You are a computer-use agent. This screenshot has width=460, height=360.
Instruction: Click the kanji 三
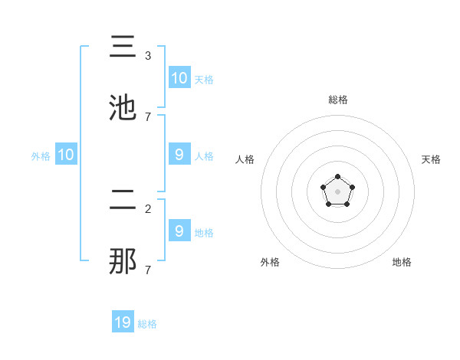click(x=123, y=47)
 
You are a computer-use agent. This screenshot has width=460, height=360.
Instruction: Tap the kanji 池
click(x=123, y=108)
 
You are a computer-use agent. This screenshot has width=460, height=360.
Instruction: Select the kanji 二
click(x=123, y=201)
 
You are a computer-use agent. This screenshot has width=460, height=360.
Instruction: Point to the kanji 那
click(x=123, y=263)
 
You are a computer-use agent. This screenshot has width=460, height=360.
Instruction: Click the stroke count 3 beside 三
click(x=148, y=56)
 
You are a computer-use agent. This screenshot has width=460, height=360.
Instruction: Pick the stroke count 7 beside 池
click(x=148, y=117)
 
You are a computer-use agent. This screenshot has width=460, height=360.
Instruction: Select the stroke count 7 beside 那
click(x=148, y=270)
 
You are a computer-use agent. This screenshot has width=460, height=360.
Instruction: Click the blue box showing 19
click(x=123, y=322)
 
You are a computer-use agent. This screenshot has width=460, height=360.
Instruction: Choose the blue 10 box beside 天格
click(x=179, y=78)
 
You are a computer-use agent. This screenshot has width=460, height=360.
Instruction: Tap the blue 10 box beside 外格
click(x=66, y=155)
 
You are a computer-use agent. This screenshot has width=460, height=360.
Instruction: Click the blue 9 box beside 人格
click(x=179, y=155)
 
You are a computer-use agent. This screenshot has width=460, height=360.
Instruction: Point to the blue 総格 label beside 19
click(x=147, y=324)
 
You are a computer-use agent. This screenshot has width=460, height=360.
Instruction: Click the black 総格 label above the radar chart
click(x=338, y=100)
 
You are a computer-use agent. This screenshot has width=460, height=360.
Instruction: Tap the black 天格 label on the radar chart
click(x=431, y=159)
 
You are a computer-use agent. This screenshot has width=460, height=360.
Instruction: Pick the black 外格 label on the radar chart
click(x=270, y=262)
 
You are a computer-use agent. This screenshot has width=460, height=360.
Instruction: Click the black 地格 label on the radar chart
click(x=402, y=262)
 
